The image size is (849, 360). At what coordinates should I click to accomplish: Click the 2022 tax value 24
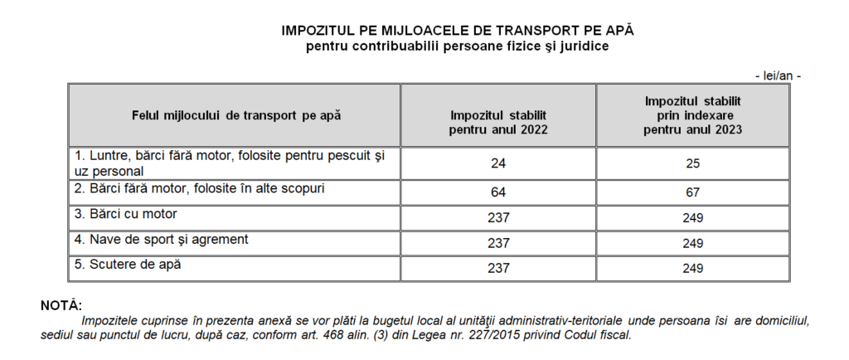(x=497, y=163)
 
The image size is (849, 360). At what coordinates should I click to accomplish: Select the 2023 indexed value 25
(x=693, y=163)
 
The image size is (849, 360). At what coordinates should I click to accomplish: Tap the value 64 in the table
(x=497, y=192)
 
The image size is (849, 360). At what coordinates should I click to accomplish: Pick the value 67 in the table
(x=693, y=192)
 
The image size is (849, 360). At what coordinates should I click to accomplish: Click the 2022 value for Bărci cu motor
(x=497, y=217)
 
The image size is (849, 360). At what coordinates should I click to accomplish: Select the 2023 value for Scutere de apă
(x=693, y=269)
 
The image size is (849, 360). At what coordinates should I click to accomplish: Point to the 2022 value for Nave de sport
(x=497, y=243)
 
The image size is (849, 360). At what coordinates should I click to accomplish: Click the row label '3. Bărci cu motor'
(x=126, y=214)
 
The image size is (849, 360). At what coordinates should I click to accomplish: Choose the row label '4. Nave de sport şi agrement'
(x=162, y=240)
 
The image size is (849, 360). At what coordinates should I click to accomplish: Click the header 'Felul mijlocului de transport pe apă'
(x=236, y=115)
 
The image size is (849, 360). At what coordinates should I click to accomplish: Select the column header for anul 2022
(x=498, y=123)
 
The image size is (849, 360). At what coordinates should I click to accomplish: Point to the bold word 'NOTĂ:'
(x=61, y=306)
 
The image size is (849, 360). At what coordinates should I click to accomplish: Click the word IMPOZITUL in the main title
(x=318, y=29)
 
